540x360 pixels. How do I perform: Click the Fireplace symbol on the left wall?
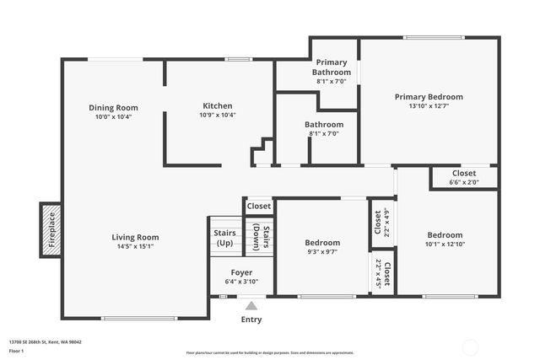51,229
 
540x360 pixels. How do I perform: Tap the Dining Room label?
114,107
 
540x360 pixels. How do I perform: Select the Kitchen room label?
217,105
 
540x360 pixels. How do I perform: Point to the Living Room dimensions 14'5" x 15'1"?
136,247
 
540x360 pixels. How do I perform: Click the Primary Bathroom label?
332,67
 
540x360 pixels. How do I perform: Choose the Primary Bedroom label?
429,97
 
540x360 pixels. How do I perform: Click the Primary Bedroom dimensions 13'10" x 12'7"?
429,106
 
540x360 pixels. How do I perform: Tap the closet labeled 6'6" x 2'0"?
463,177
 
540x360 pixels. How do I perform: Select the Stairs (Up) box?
224,238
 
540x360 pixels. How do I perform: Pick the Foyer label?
241,272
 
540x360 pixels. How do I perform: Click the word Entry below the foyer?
251,320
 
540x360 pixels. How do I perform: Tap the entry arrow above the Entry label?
251,304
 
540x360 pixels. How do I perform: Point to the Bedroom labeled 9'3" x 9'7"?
322,243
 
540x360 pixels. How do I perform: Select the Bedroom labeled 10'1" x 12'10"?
445,235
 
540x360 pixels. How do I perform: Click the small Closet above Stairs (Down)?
259,206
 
